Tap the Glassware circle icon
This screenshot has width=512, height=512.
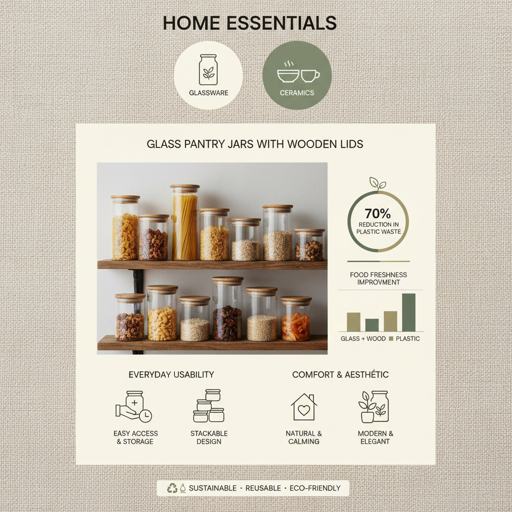(x=208, y=75)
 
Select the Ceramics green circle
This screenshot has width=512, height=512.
(x=297, y=75)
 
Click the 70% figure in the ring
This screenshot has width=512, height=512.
(x=377, y=213)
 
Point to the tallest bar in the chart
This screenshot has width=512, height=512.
(x=408, y=312)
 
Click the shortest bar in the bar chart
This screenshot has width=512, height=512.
(x=372, y=325)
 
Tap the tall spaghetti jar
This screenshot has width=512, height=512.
(x=184, y=222)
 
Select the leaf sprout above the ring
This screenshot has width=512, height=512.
(x=377, y=183)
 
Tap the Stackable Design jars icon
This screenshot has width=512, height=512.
(x=209, y=406)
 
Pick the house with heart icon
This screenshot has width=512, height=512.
(x=303, y=407)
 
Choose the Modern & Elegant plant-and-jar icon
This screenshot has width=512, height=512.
(x=374, y=406)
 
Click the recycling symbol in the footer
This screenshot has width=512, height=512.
(x=172, y=488)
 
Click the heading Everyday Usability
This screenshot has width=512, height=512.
(x=171, y=374)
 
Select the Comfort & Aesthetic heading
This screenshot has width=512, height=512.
(x=340, y=374)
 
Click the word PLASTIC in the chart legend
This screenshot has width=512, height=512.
(x=407, y=339)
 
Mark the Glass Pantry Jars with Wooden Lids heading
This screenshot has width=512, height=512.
(x=255, y=144)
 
